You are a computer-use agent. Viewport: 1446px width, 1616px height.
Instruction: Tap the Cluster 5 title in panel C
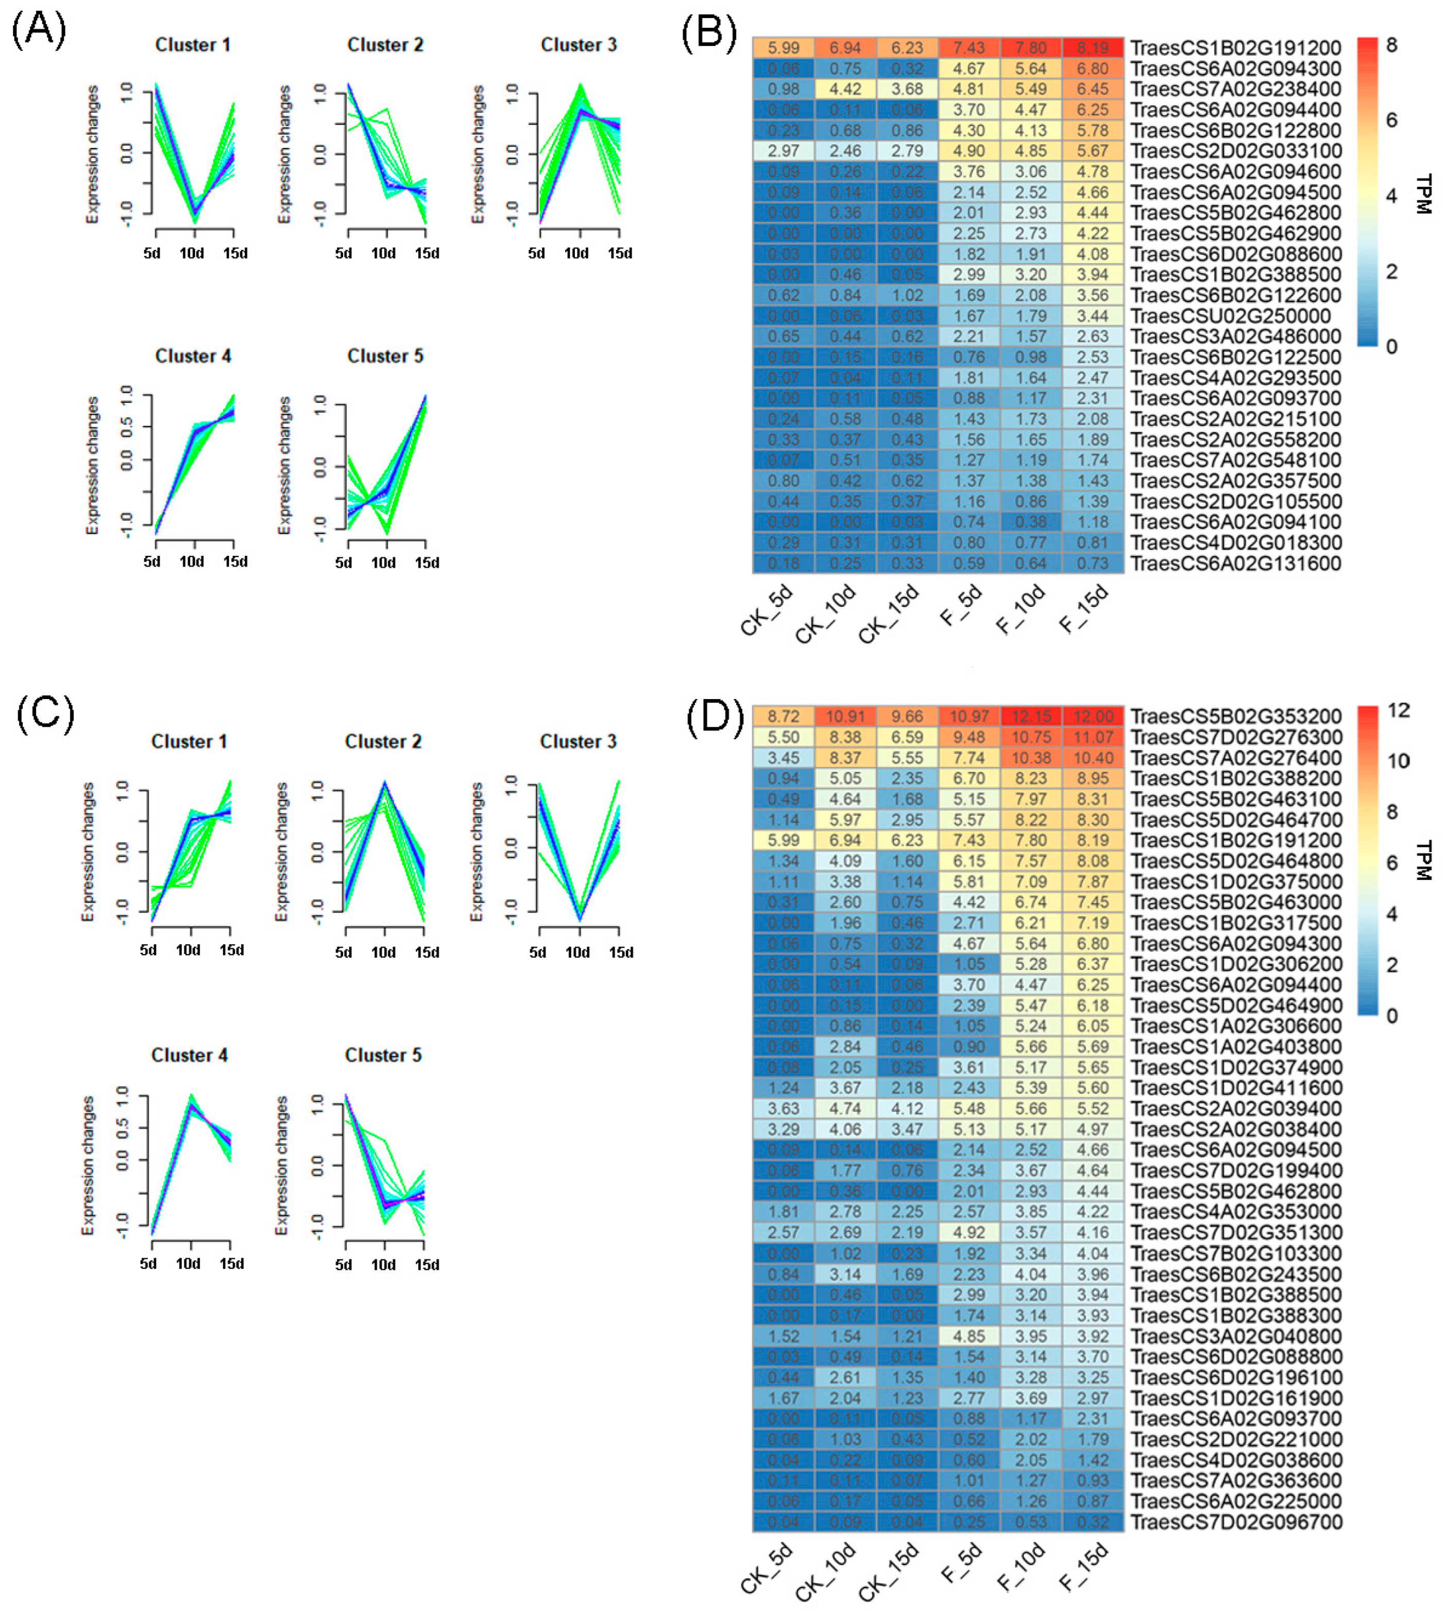pos(383,1055)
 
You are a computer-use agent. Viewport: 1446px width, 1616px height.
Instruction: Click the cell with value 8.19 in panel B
pos(1093,48)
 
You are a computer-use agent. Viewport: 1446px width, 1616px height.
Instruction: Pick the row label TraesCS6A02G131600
pos(1235,563)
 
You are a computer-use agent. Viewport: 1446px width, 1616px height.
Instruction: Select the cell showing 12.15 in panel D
pos(1030,717)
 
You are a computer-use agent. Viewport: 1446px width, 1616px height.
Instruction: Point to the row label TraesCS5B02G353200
pos(1235,717)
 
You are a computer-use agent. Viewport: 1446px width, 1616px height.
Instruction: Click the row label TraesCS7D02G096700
pos(1235,1522)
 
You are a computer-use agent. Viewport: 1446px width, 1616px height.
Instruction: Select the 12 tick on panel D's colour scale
pos(1398,710)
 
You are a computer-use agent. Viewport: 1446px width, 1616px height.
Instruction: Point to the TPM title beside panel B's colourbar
pos(1423,195)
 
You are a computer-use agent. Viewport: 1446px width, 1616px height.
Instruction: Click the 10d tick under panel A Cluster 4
pos(192,562)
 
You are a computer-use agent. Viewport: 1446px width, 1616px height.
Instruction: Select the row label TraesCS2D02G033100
pos(1235,151)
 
